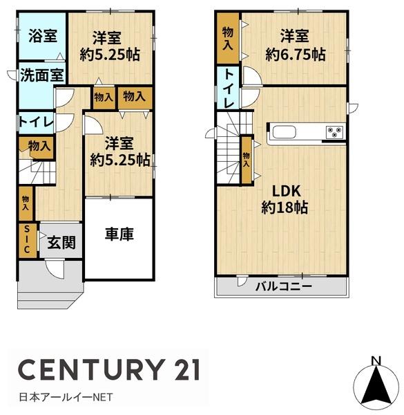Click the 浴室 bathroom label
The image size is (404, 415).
click(43, 36)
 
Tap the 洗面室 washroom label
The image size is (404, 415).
click(42, 75)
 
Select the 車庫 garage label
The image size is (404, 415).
click(119, 234)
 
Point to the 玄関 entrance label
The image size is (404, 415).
click(61, 243)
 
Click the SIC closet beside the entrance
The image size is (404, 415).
click(27, 241)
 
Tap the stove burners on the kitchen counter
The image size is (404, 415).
click(335, 132)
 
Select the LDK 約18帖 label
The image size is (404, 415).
click(285, 199)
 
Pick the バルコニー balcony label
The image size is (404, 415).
click(284, 286)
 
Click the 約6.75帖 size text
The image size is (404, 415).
click(296, 55)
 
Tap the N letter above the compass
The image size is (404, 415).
click(376, 360)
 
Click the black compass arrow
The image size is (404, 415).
click(376, 385)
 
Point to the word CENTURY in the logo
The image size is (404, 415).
click(90, 369)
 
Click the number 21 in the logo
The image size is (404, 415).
click(186, 369)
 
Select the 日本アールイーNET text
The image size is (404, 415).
click(66, 397)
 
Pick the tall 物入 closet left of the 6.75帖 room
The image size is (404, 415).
click(228, 38)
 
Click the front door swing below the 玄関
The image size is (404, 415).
click(55, 270)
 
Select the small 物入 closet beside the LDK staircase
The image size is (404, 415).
click(247, 160)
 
